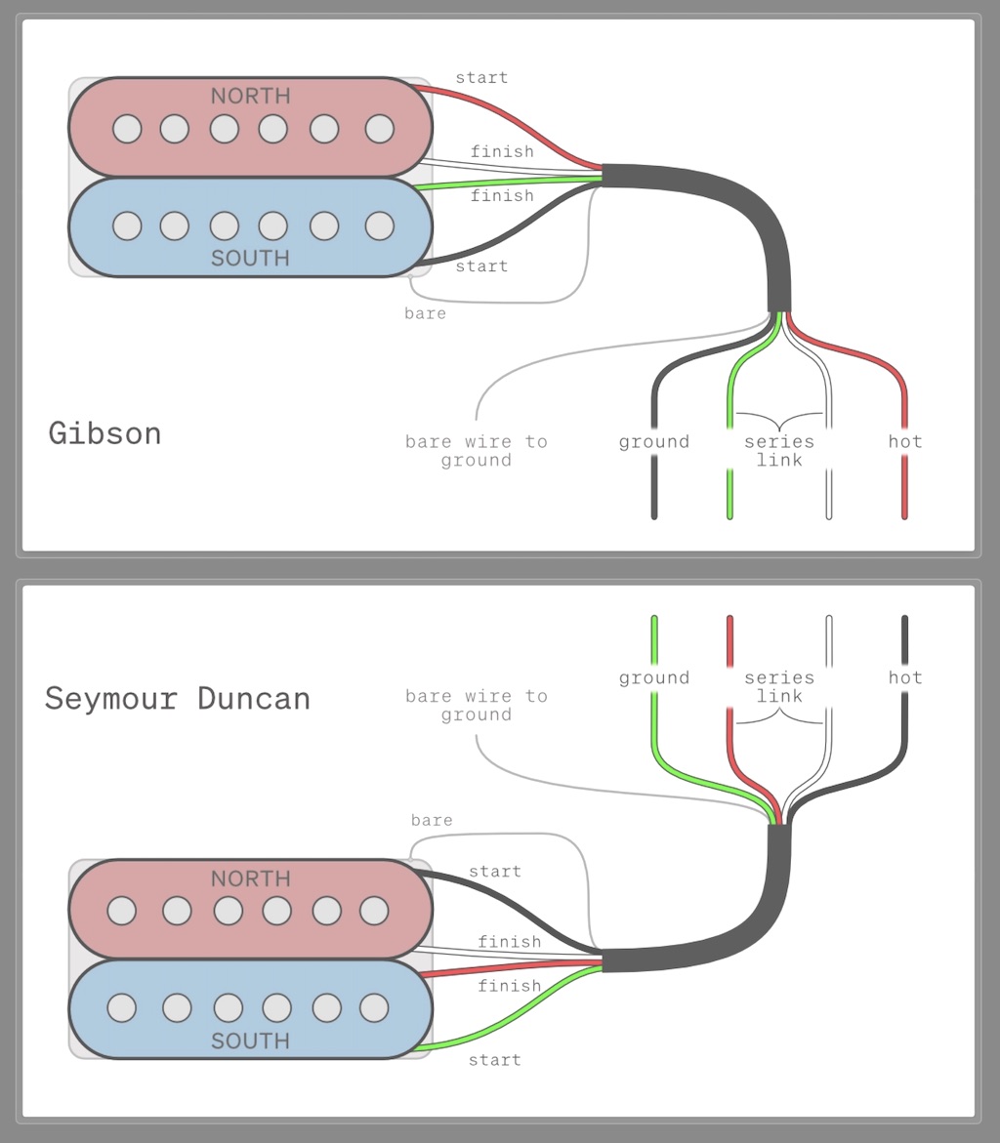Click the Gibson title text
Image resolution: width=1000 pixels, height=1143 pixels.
104,432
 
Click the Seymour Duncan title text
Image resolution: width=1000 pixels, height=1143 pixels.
177,699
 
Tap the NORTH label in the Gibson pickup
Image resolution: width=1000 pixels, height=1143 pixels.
250,96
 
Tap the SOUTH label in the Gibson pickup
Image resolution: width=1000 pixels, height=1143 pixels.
250,258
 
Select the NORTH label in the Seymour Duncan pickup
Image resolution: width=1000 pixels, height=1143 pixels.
250,878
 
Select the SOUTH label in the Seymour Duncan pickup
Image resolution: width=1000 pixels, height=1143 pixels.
250,1041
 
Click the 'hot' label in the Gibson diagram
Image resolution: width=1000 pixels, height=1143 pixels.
904,442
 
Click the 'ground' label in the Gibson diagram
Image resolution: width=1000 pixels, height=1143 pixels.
653,442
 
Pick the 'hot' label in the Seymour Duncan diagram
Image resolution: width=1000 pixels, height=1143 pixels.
904,677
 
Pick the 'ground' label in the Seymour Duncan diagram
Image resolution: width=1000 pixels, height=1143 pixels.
653,677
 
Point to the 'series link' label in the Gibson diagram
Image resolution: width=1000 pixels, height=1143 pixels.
778,451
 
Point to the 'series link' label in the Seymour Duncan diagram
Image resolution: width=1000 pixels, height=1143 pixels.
778,686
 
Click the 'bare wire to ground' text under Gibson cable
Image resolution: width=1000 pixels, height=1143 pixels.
476,451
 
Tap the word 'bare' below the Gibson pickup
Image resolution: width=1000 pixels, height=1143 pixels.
425,313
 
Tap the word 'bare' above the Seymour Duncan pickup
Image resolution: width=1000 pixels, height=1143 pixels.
432,820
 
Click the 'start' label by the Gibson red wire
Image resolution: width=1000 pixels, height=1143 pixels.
481,77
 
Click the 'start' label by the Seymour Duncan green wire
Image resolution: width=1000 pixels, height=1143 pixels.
494,1060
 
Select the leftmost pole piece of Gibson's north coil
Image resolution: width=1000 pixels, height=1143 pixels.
127,128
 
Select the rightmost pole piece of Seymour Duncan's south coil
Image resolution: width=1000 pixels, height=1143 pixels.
374,1007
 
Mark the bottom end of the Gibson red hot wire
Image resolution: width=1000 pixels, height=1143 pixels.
904,513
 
